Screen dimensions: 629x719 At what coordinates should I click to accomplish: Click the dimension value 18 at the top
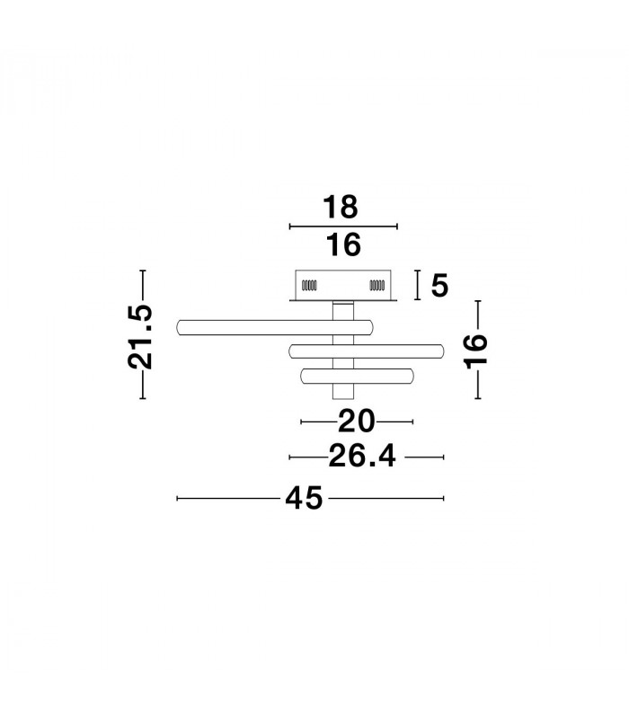coord(341,207)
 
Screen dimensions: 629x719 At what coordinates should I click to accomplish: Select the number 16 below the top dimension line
coord(343,244)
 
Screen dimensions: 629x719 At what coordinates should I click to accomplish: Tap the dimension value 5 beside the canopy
coord(439,285)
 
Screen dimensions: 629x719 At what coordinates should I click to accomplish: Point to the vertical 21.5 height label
coord(140,336)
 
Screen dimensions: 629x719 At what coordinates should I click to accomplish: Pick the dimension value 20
coord(356,422)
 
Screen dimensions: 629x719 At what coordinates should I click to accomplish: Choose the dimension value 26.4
coord(362,457)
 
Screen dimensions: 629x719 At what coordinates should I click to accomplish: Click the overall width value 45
coord(304,498)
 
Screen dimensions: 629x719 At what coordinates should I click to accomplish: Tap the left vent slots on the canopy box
coord(309,285)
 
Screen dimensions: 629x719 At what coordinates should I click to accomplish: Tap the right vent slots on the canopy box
coord(377,285)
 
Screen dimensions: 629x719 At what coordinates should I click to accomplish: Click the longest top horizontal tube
coord(275,327)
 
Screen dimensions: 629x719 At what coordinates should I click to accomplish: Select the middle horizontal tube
coord(367,351)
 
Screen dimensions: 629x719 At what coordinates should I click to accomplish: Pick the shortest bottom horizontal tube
coord(357,377)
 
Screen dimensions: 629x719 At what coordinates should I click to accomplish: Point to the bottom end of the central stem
coord(343,398)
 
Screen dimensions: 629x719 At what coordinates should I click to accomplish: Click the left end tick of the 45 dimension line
coord(177,498)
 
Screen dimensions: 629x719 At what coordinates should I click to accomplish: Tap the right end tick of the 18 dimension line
coord(397,226)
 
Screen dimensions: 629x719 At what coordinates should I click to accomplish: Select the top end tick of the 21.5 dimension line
coord(143,271)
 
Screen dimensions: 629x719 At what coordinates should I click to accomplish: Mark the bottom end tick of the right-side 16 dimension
coord(478,398)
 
